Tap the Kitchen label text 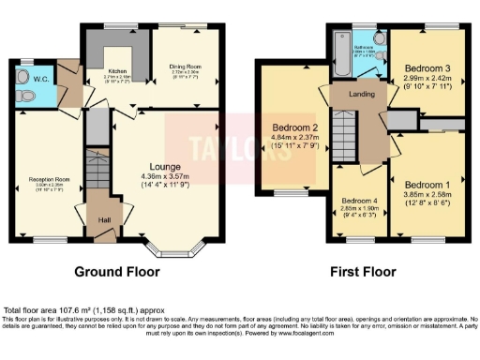point(118,70)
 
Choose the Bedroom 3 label point(427,68)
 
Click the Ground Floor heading point(116,273)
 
